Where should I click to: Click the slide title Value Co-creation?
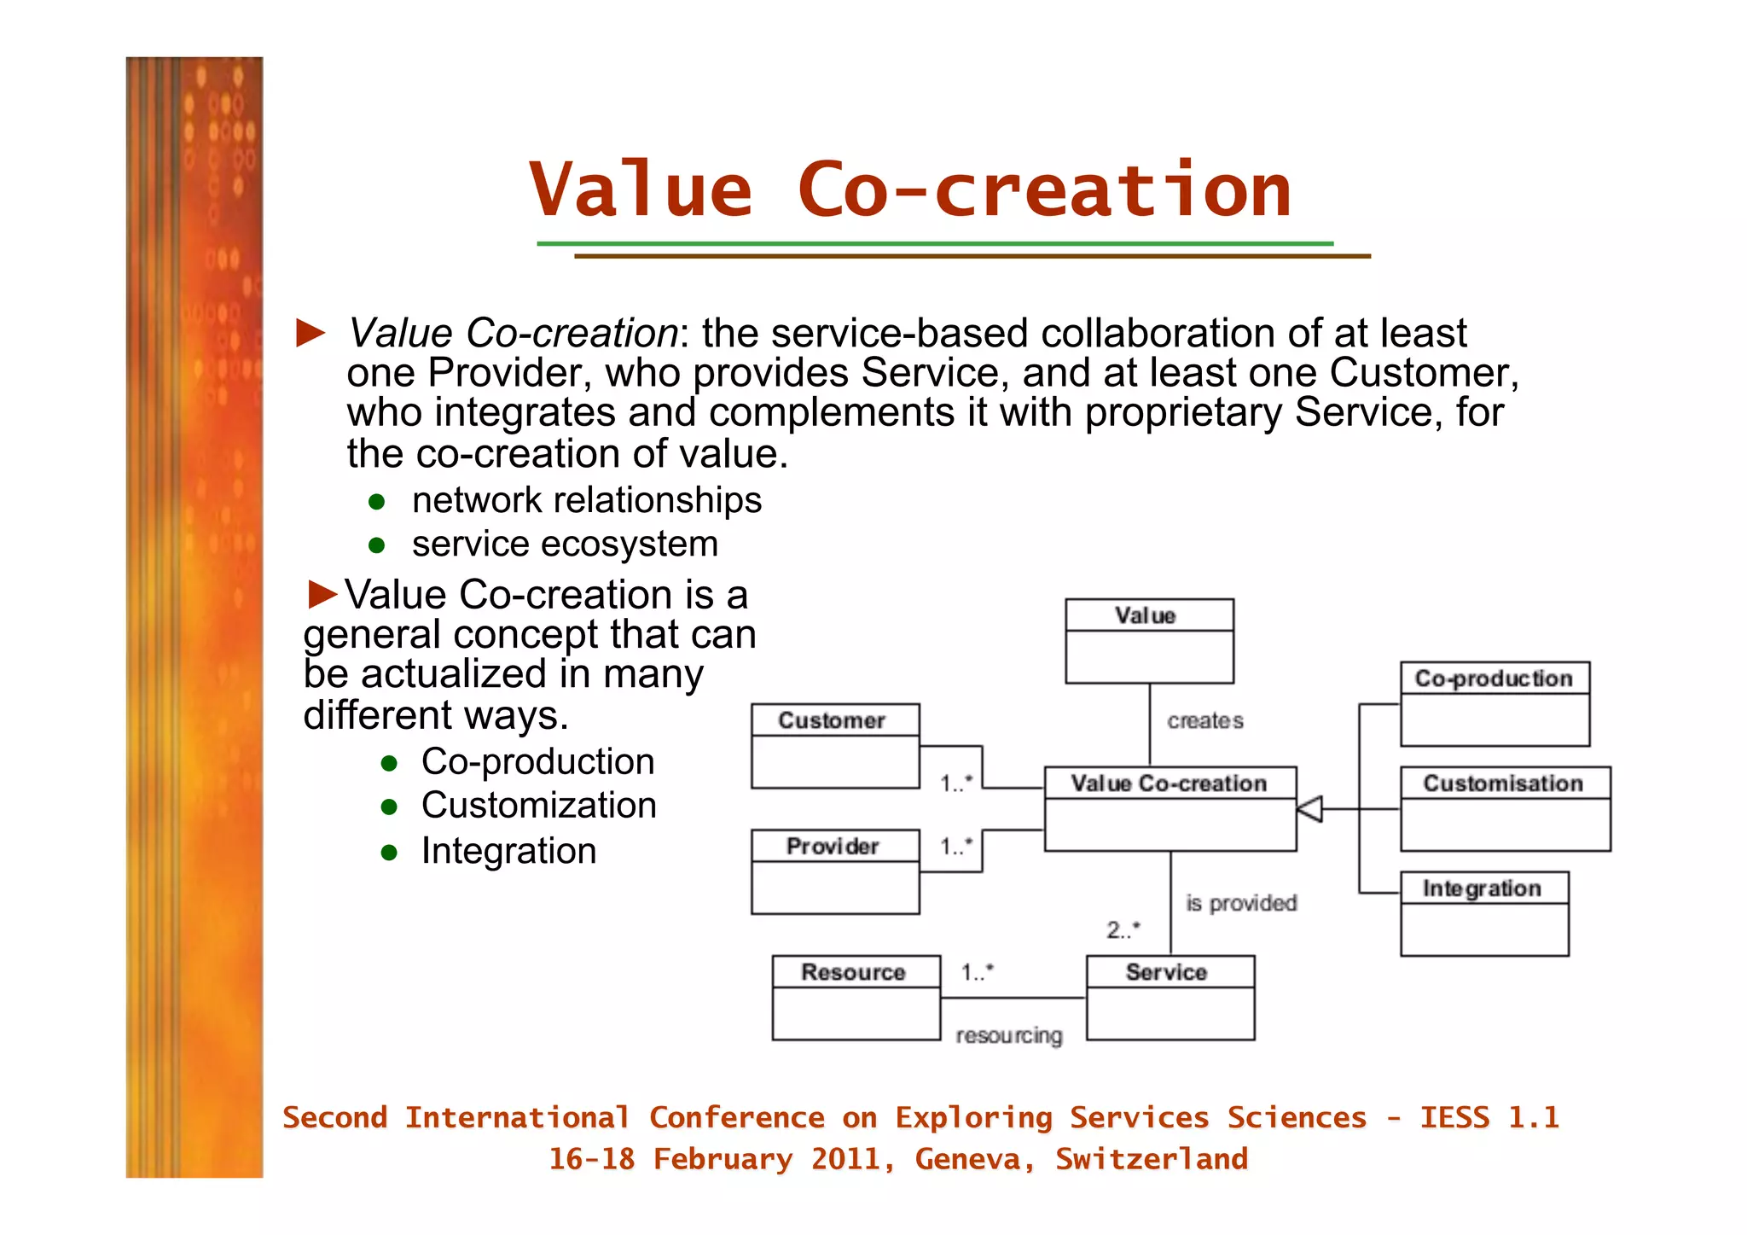click(909, 190)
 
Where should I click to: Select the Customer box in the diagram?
click(834, 745)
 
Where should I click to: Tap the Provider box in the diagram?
click(834, 871)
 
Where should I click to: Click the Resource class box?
click(856, 997)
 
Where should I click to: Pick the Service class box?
click(1170, 997)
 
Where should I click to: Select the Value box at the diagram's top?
click(1148, 640)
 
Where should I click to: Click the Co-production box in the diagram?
click(1495, 703)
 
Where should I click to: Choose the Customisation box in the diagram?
click(1505, 808)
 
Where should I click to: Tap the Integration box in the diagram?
click(1484, 913)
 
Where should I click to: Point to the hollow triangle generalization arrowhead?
click(1310, 808)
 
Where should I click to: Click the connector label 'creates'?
click(1204, 721)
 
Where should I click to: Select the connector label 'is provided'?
click(1240, 903)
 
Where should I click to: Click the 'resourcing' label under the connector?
click(1008, 1035)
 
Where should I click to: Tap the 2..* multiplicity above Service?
click(1123, 929)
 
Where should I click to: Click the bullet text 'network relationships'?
click(586, 500)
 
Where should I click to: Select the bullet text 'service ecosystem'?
click(565, 545)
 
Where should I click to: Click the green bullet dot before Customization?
click(390, 807)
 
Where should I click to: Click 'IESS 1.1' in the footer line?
click(1489, 1117)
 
